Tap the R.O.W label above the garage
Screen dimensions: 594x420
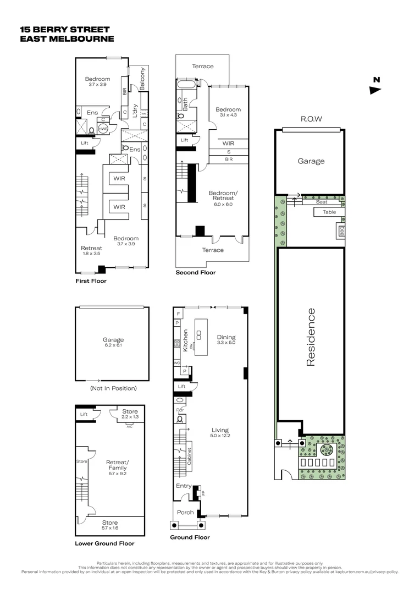[311, 119]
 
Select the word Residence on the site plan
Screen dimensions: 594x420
[311, 337]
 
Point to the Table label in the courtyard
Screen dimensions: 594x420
[329, 212]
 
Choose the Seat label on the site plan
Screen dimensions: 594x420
[321, 202]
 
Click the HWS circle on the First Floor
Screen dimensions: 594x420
[103, 128]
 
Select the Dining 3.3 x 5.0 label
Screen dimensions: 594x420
[226, 340]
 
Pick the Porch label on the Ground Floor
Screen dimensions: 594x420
[185, 512]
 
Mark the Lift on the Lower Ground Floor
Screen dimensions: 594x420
[84, 414]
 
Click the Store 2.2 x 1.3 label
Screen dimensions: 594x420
[130, 414]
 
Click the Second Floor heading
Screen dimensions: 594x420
[195, 272]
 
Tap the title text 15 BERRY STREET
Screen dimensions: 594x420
[64, 29]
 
